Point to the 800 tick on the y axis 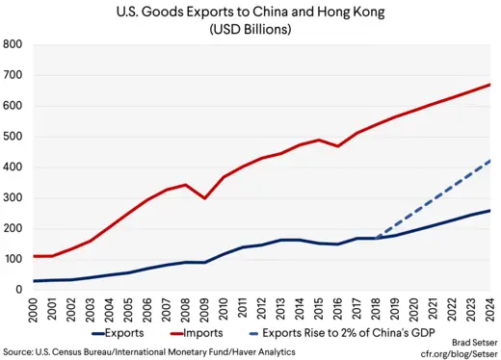pyautogui.click(x=13, y=44)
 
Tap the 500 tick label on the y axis pyautogui.click(x=13, y=137)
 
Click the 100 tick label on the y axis pyautogui.click(x=13, y=259)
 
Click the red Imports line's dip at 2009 pyautogui.click(x=204, y=197)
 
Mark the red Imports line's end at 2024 pyautogui.click(x=488, y=85)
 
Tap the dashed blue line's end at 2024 pyautogui.click(x=488, y=160)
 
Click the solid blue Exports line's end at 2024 pyautogui.click(x=488, y=210)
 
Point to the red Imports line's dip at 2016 pyautogui.click(x=336, y=145)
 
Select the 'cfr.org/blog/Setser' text pyautogui.click(x=453, y=352)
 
